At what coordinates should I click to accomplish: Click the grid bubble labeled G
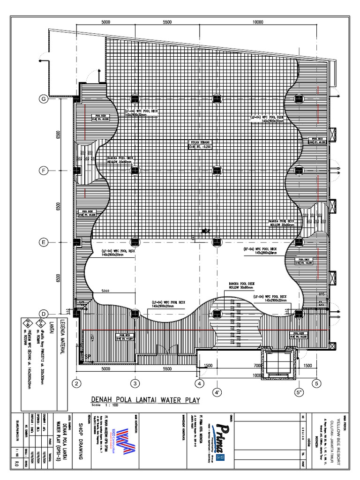click(x=43, y=99)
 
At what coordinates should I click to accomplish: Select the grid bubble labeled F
click(x=43, y=171)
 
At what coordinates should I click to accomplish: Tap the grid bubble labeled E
click(x=43, y=242)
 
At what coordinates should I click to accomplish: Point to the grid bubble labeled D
click(x=43, y=314)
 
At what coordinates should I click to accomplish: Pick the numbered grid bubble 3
click(x=135, y=383)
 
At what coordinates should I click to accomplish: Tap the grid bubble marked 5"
click(x=298, y=391)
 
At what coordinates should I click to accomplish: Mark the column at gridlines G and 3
click(x=135, y=99)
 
